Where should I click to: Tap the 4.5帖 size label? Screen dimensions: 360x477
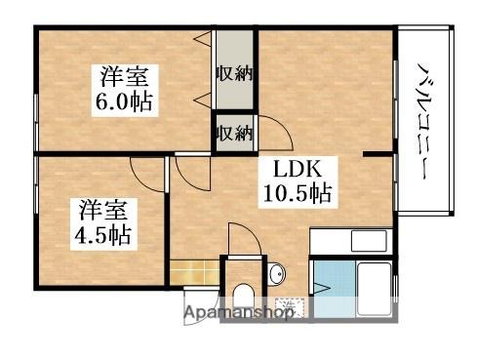coord(103,234)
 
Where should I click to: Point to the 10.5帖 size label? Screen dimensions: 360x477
coord(297,193)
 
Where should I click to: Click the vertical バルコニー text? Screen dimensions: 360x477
coord(425,123)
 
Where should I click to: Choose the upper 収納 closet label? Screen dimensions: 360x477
coord(235,74)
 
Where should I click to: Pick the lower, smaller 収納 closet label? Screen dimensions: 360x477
coord(235,132)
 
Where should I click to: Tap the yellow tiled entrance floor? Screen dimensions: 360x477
coord(193,271)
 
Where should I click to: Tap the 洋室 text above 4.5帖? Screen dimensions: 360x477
coord(103,208)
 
